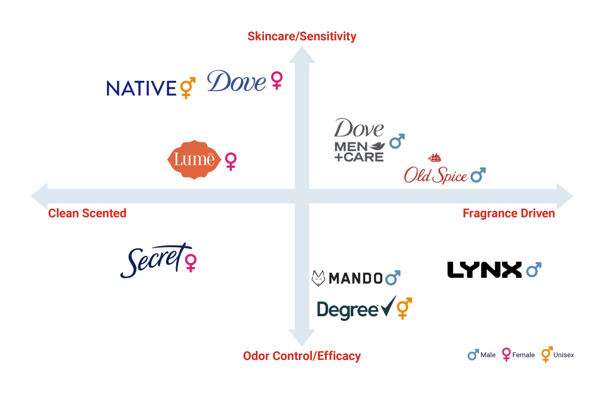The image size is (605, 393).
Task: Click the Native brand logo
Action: [x=141, y=89]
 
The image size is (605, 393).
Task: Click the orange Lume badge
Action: [x=196, y=160]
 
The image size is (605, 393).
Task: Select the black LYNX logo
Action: [x=484, y=270]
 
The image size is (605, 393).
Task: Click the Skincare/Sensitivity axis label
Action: [x=302, y=37]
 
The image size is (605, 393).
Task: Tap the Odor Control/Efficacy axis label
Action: [x=301, y=356]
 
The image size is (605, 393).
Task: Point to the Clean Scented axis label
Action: [x=87, y=213]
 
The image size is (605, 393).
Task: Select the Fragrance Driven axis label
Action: [x=509, y=213]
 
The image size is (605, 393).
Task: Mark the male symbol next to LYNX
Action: [x=534, y=270]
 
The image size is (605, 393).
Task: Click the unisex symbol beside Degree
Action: [x=404, y=308]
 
